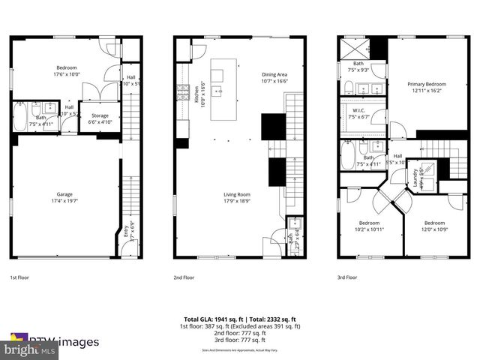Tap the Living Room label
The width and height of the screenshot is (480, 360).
(x=235, y=197)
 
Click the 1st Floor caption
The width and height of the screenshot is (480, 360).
(x=19, y=277)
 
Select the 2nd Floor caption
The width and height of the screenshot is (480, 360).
(x=184, y=277)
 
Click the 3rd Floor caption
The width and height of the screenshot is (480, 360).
(x=346, y=277)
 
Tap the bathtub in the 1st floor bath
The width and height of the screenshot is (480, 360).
(x=19, y=118)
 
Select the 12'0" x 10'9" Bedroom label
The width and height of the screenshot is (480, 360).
(x=434, y=226)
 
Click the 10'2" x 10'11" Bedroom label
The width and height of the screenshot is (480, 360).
(x=368, y=226)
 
